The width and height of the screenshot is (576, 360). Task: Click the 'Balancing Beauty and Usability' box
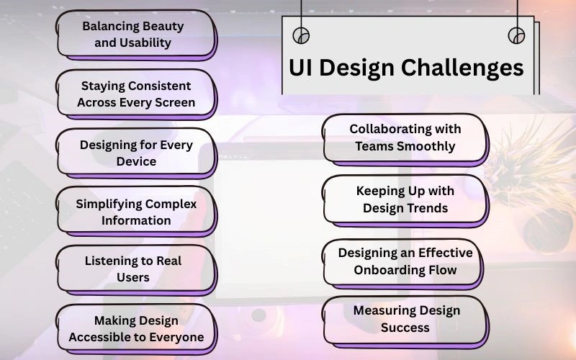pos(135,34)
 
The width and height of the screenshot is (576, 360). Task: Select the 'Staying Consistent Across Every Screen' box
pos(135,94)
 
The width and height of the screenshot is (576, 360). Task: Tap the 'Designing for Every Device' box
pos(135,153)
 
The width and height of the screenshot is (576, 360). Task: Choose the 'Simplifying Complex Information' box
pos(135,212)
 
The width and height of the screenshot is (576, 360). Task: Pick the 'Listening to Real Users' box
pos(135,269)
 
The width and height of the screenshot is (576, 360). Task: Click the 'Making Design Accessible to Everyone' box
pos(135,328)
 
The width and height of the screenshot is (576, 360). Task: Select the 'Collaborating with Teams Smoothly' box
pos(405,137)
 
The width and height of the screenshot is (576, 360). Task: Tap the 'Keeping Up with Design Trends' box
pos(405,199)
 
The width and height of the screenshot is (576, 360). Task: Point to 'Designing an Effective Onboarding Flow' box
pos(405,261)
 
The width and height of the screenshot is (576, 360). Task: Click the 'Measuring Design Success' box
pos(405,319)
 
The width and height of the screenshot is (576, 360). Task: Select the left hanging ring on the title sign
pos(301,35)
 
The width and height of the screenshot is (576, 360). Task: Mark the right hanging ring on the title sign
pos(516,35)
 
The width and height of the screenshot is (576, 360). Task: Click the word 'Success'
pos(405,328)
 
